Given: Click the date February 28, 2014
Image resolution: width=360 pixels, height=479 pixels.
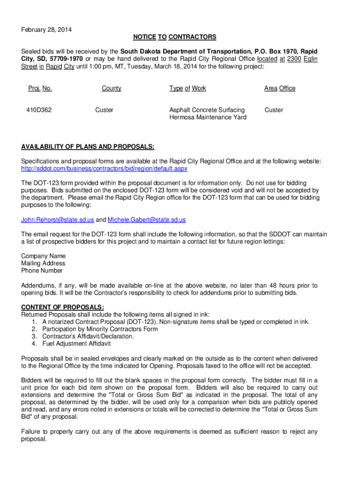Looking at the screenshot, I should pyautogui.click(x=47, y=30).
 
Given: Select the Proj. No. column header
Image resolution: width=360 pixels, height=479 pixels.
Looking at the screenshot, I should pyautogui.click(x=40, y=88).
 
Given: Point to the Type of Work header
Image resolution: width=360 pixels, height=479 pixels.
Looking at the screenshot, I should pyautogui.click(x=187, y=88).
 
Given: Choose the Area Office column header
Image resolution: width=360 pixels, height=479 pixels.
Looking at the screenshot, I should pyautogui.click(x=280, y=88).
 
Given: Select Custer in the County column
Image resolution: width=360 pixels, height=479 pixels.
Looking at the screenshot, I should pyautogui.click(x=104, y=110).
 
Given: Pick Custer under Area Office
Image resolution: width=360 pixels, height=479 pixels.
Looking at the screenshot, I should pyautogui.click(x=274, y=110).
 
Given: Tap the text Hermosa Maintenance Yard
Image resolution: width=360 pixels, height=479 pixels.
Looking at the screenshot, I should pyautogui.click(x=208, y=117).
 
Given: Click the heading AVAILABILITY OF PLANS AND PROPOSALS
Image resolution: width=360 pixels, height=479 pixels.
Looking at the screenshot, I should pyautogui.click(x=88, y=147).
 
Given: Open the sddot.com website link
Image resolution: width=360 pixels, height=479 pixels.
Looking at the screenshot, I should pyautogui.click(x=104, y=168).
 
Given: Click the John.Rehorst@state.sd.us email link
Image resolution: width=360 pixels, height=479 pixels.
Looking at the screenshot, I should pyautogui.click(x=58, y=219).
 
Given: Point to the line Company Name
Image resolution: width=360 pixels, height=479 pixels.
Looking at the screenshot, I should pyautogui.click(x=43, y=256).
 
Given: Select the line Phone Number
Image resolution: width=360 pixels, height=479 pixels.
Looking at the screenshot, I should pyautogui.click(x=42, y=270).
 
